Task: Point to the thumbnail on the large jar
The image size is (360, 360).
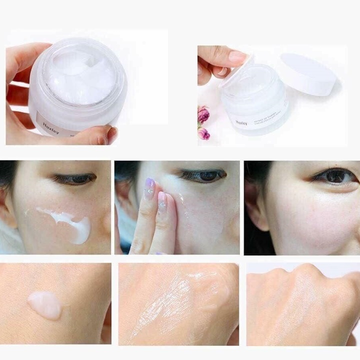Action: pyautogui.click(x=113, y=133)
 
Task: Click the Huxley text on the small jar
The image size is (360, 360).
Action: pyautogui.click(x=241, y=121)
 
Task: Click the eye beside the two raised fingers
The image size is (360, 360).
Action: pyautogui.click(x=202, y=175)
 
